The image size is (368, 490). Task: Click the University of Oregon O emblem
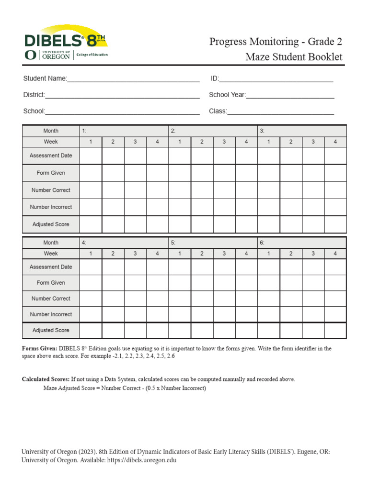coord(30,55)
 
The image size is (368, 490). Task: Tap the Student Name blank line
coord(133,79)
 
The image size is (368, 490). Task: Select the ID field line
coord(276,79)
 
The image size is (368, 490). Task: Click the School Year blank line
coord(290,95)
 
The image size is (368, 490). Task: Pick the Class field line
coord(280,111)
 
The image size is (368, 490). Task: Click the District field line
coord(122,95)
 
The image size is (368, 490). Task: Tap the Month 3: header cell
coord(302,131)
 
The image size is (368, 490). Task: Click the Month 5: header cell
coord(213,243)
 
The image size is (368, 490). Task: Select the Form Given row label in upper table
coord(51,173)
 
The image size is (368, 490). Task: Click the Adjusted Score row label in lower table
coord(51,330)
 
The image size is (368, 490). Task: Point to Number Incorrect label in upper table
coord(51,207)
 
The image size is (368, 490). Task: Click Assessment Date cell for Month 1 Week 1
coord(91,156)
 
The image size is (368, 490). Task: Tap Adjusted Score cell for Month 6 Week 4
coord(335,330)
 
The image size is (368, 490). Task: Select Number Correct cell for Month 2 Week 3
coord(224,190)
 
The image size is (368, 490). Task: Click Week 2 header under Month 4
coord(113,254)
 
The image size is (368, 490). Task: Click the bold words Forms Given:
coord(40,349)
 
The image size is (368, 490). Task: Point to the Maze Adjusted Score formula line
coord(125,388)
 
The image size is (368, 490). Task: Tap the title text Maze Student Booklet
coord(294,57)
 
